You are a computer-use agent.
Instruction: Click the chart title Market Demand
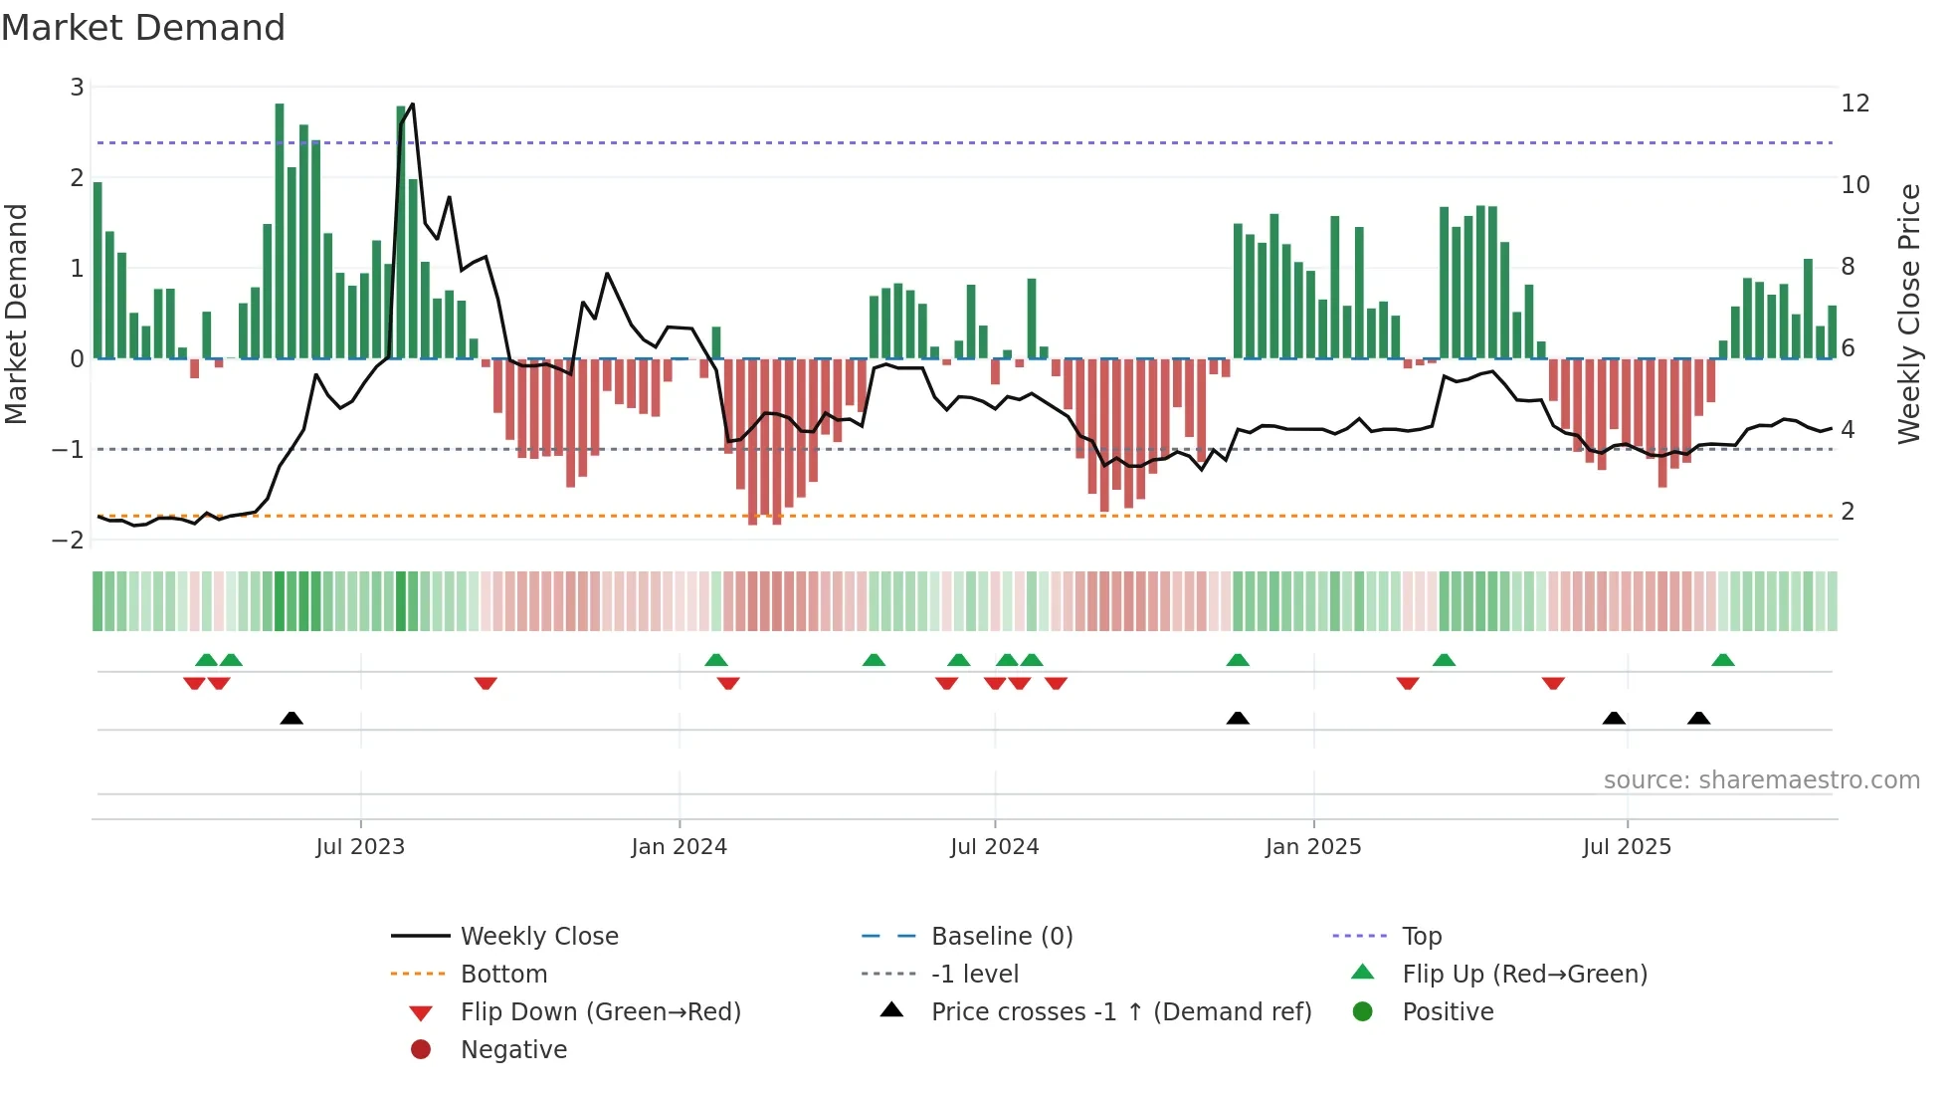pyautogui.click(x=143, y=28)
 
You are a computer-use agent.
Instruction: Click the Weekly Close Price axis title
pyautogui.click(x=1908, y=314)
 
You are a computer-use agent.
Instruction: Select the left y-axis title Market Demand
pyautogui.click(x=16, y=314)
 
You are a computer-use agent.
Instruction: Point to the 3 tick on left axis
pyautogui.click(x=77, y=88)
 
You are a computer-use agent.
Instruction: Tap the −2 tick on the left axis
pyautogui.click(x=69, y=540)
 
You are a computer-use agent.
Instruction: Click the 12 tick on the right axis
pyautogui.click(x=1854, y=104)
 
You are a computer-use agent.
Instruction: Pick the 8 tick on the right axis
pyautogui.click(x=1848, y=267)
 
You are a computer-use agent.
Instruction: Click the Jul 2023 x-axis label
pyautogui.click(x=360, y=847)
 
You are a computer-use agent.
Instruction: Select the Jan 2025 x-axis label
pyautogui.click(x=1312, y=847)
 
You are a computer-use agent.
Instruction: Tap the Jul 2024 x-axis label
pyautogui.click(x=994, y=847)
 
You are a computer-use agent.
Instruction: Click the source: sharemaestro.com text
pyautogui.click(x=1761, y=780)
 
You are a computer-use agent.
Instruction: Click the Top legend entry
pyautogui.click(x=1421, y=937)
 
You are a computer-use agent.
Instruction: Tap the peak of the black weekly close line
pyautogui.click(x=412, y=105)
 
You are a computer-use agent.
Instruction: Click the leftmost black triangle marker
pyautogui.click(x=292, y=719)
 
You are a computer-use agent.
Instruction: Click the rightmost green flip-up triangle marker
pyautogui.click(x=1723, y=660)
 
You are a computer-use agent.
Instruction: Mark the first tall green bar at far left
pyautogui.click(x=97, y=269)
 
